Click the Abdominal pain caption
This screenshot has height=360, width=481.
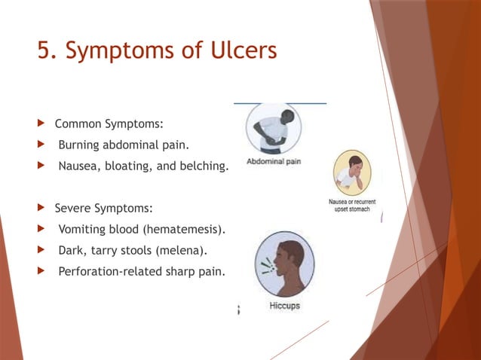[x=274, y=161]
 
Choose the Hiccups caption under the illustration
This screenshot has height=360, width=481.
[x=285, y=306]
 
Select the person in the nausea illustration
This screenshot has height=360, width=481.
[x=351, y=173]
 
